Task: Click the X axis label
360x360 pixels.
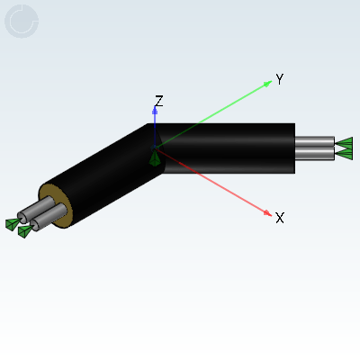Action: tap(280, 218)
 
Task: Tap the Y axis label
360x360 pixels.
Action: tap(280, 79)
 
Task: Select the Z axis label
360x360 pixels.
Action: tap(158, 101)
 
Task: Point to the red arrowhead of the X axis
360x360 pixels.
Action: tap(267, 212)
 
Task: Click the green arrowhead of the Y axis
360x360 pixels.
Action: tap(267, 84)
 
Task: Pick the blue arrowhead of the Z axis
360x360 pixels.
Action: tap(155, 111)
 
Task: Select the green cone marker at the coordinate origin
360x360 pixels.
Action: tap(155, 158)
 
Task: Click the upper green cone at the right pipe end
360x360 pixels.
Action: tap(345, 143)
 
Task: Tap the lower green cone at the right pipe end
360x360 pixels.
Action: tap(345, 154)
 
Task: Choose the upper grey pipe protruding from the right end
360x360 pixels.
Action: tap(315, 141)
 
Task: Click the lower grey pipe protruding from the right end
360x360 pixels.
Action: tap(315, 153)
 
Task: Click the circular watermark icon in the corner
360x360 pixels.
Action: tap(22, 22)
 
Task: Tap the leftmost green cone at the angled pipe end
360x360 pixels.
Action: tap(13, 224)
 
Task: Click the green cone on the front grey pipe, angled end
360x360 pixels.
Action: tap(25, 231)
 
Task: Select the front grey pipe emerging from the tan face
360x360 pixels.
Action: tap(49, 217)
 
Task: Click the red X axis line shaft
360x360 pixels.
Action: tap(210, 180)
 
